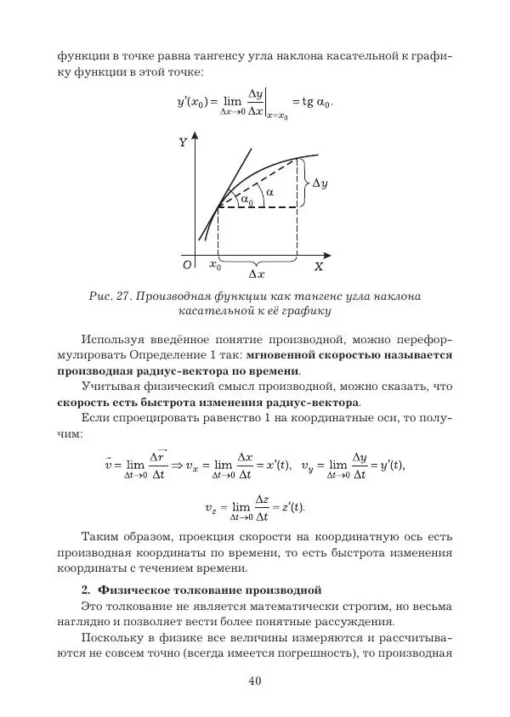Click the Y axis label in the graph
point(183,143)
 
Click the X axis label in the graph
point(319,266)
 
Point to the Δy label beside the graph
point(320,183)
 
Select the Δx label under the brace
point(257,274)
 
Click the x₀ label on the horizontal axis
point(215,265)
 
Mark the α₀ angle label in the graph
point(246,200)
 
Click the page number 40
point(255,680)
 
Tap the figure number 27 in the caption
point(119,296)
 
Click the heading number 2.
point(85,588)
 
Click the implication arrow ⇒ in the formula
point(178,465)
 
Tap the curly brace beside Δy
point(303,183)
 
